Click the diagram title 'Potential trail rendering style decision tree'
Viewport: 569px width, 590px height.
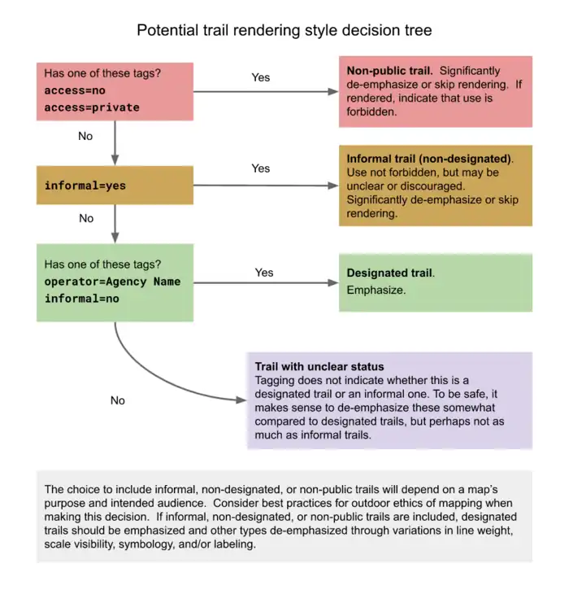tap(284, 30)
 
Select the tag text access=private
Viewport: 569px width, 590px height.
tap(92, 107)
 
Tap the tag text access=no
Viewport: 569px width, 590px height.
tap(75, 90)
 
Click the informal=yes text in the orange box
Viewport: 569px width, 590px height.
tap(85, 186)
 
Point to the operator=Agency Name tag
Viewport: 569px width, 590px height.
tap(112, 282)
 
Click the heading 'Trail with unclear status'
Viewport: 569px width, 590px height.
tap(319, 367)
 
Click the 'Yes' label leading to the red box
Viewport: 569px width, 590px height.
tap(261, 77)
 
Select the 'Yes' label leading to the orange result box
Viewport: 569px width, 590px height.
tap(261, 168)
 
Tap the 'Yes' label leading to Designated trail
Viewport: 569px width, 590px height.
tap(264, 273)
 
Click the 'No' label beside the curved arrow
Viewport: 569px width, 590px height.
tap(118, 400)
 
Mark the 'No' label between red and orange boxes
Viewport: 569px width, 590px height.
tap(85, 136)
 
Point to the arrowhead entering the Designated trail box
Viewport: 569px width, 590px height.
tap(332, 283)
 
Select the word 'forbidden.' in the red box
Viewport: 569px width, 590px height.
tap(371, 112)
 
